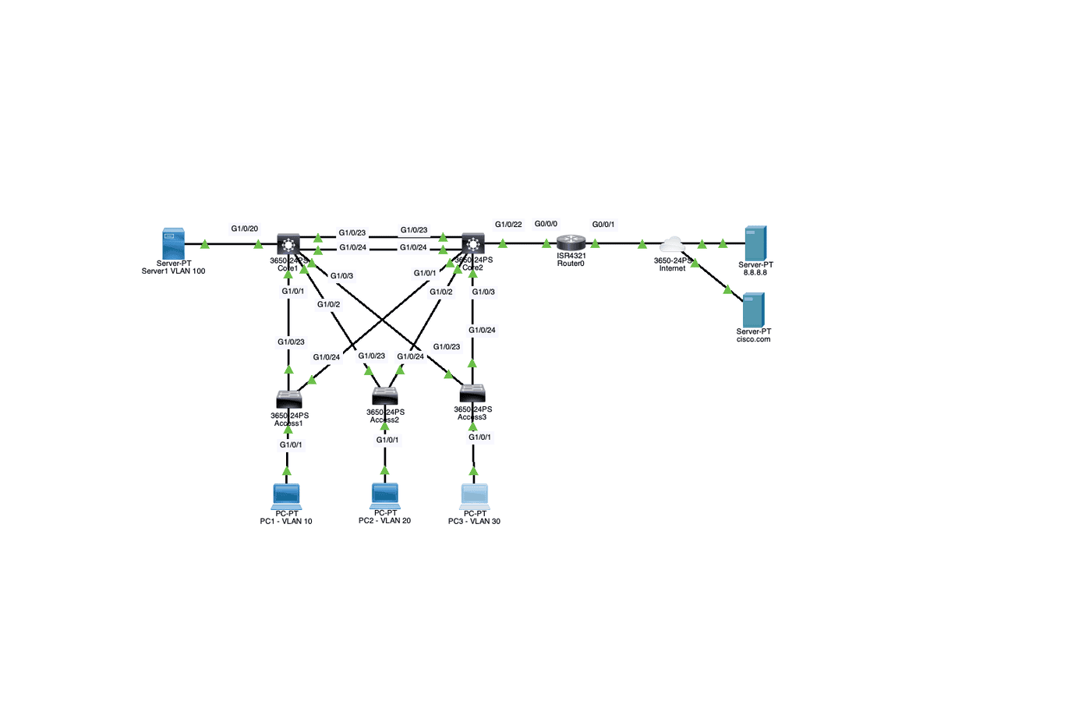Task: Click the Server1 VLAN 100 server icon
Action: click(173, 243)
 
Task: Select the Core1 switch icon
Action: click(288, 243)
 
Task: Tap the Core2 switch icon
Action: click(472, 243)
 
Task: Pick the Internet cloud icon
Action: click(672, 243)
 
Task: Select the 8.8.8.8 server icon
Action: click(755, 243)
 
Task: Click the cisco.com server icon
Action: click(753, 310)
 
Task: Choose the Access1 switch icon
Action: click(288, 400)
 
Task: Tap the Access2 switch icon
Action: click(385, 396)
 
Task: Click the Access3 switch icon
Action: click(472, 393)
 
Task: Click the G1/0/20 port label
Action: click(244, 228)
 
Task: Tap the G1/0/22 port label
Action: click(508, 225)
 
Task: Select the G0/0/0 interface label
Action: click(546, 224)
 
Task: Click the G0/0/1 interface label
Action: click(603, 225)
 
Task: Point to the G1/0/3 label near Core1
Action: click(341, 276)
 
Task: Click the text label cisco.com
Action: click(753, 339)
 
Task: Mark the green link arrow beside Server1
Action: click(205, 244)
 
